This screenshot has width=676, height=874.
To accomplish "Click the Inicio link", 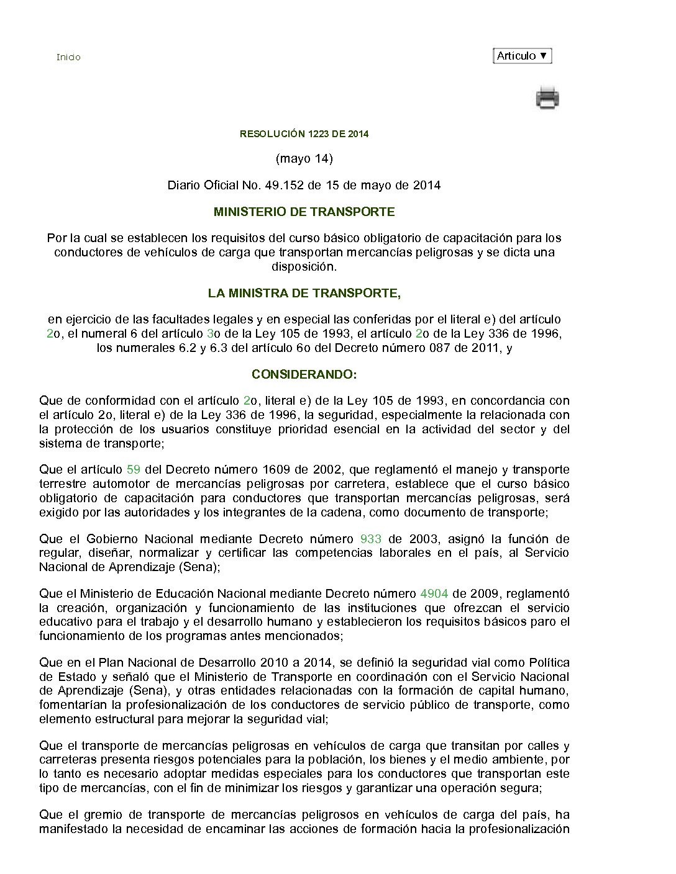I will click(x=68, y=57).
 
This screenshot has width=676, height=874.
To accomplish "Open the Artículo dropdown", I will click(x=522, y=56).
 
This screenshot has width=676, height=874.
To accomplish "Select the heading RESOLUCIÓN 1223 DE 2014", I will click(x=304, y=134).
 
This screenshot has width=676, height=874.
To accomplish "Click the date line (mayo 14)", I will click(x=304, y=159).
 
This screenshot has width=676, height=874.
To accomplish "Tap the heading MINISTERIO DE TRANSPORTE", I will click(x=304, y=212).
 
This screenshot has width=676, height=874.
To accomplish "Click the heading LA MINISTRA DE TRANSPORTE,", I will click(x=304, y=293).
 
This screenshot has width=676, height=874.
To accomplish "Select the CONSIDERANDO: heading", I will click(x=304, y=375).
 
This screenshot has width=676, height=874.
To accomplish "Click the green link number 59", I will click(x=133, y=470).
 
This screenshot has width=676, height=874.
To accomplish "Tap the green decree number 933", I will click(x=371, y=539).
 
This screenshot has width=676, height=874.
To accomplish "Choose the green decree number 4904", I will click(x=434, y=594).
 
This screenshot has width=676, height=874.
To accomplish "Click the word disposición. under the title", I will click(x=304, y=267).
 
